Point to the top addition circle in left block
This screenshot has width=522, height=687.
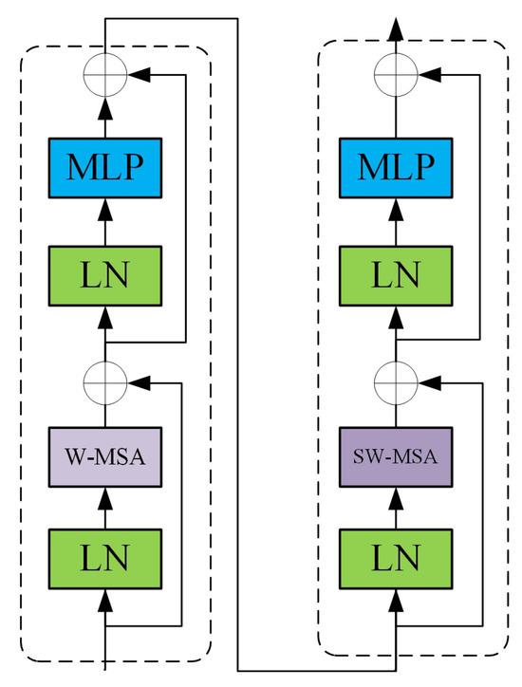click(105, 70)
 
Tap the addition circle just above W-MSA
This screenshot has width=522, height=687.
click(105, 381)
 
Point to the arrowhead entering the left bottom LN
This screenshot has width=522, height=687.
click(105, 599)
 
